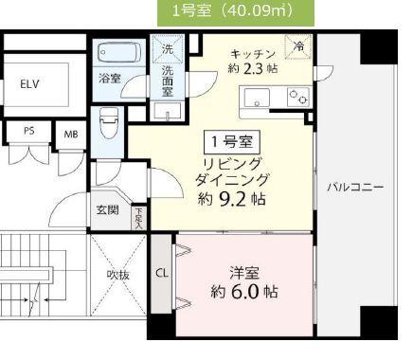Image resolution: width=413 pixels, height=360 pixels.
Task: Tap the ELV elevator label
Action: (30, 84)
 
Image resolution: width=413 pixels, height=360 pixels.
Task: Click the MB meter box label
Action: (70, 134)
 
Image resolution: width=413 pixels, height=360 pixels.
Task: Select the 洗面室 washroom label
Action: (167, 81)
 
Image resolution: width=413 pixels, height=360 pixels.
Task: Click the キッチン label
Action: (253, 53)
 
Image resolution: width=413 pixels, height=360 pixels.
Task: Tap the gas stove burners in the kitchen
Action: (298, 95)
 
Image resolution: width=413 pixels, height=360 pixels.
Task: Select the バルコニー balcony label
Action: (355, 188)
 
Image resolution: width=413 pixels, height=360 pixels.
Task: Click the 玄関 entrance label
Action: (107, 210)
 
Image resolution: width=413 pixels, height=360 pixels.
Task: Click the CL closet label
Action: (162, 273)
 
